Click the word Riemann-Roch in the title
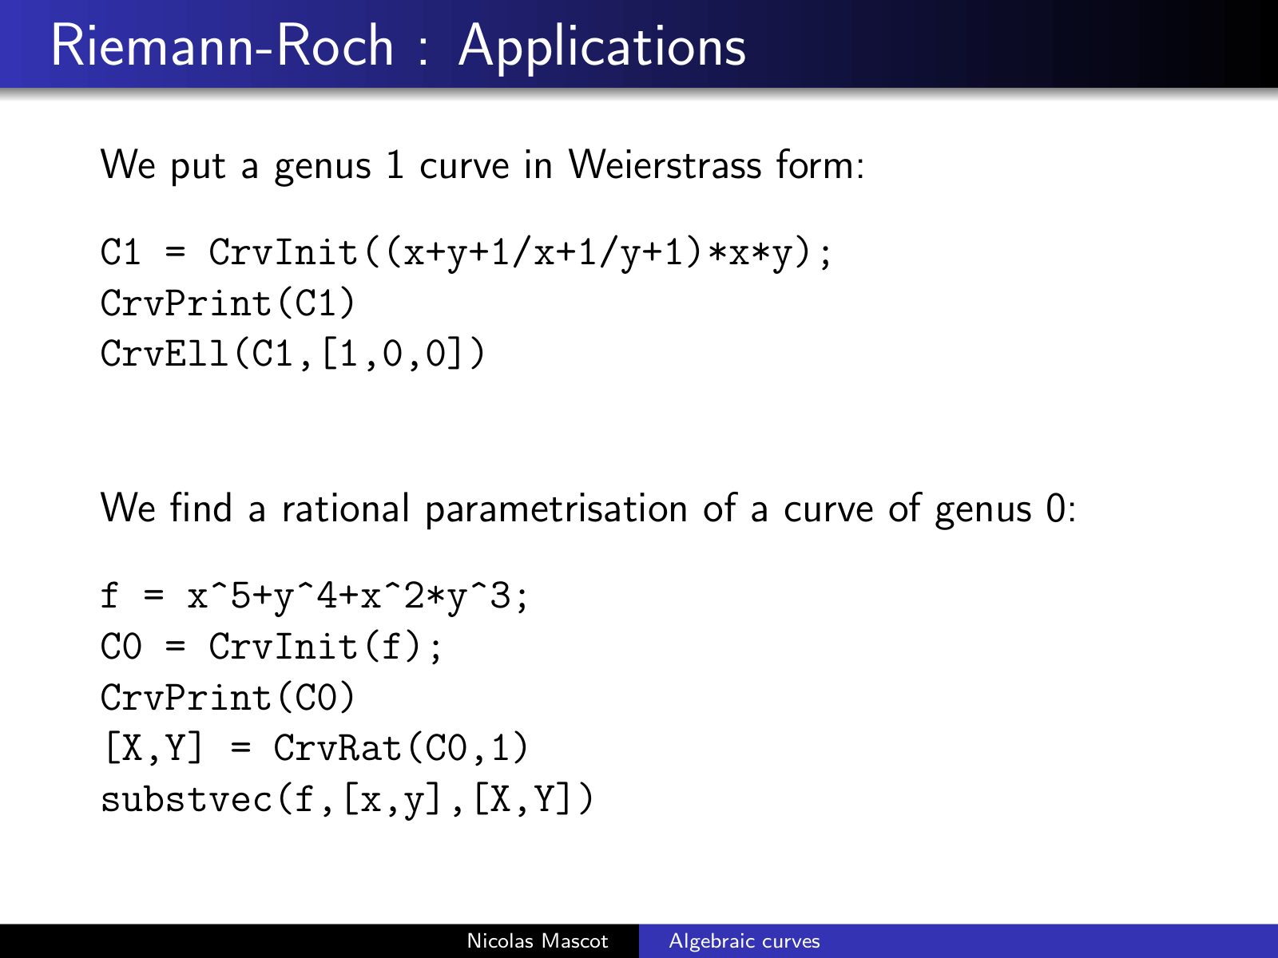(x=222, y=46)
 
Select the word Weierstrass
(x=665, y=165)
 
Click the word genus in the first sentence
(x=323, y=168)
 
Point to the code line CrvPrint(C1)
(x=228, y=303)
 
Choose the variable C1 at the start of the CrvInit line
(x=121, y=252)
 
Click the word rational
(x=346, y=509)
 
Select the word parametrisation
(x=556, y=511)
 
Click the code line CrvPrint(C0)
(x=228, y=697)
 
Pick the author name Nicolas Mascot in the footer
(x=538, y=940)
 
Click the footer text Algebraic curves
(x=744, y=941)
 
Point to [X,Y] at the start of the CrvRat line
(x=154, y=748)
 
